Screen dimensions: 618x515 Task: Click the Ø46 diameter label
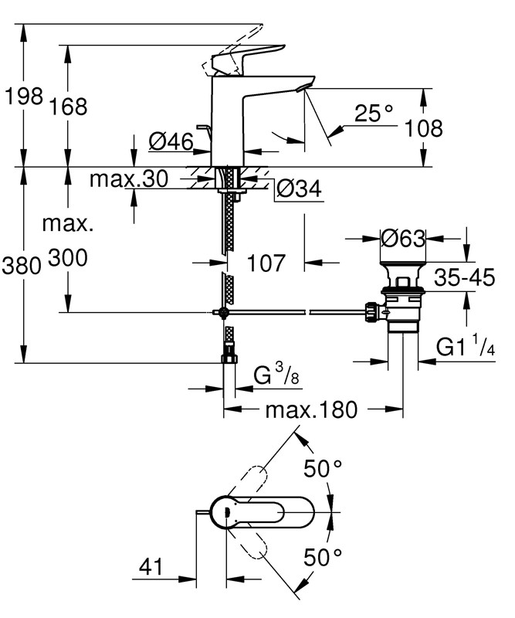click(x=169, y=141)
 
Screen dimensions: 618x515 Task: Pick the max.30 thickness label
click(x=128, y=179)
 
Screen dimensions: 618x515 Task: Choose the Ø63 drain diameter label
click(x=403, y=239)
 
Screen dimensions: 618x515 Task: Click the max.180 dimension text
click(x=312, y=409)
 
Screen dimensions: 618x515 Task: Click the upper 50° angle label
click(x=322, y=468)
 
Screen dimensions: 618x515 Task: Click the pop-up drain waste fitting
click(x=401, y=304)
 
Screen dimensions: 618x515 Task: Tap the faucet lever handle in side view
click(x=235, y=59)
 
